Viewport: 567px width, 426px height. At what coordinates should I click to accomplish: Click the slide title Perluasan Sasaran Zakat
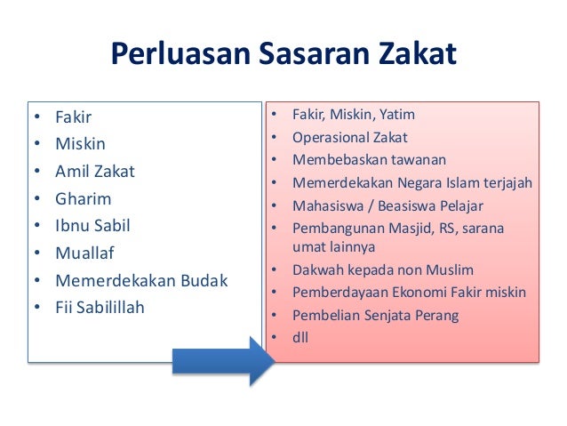[283, 55]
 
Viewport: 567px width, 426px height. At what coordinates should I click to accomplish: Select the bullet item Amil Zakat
[95, 171]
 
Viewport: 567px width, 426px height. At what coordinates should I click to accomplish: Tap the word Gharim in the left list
[84, 198]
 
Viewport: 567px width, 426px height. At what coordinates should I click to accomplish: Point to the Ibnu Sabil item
[92, 226]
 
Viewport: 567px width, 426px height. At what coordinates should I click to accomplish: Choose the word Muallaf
[85, 253]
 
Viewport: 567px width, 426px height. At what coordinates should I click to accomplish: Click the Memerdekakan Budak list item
[141, 281]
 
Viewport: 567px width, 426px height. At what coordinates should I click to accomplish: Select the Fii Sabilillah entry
[100, 309]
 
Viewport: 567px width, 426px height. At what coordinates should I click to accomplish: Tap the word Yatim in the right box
[397, 115]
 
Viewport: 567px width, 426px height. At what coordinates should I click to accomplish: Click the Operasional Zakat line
[350, 138]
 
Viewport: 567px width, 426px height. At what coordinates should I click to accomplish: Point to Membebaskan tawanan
[369, 160]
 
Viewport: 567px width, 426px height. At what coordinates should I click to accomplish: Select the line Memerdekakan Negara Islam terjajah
[412, 183]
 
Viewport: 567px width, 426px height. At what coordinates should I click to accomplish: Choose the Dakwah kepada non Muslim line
[383, 269]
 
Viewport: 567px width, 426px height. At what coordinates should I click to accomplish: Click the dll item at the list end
[300, 338]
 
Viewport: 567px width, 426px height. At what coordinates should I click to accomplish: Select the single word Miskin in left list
[81, 143]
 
